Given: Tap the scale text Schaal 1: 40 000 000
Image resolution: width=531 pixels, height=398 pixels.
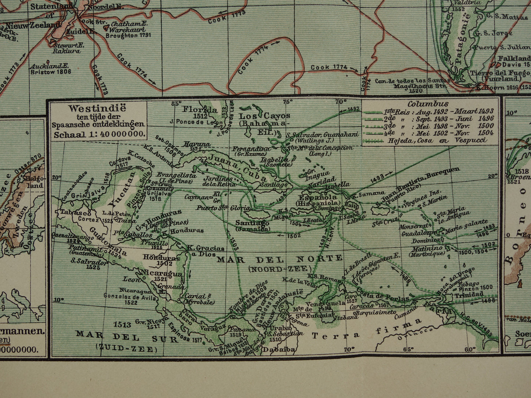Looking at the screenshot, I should pos(98,134).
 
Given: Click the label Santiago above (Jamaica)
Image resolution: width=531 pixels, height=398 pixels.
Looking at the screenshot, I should pos(252,222).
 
